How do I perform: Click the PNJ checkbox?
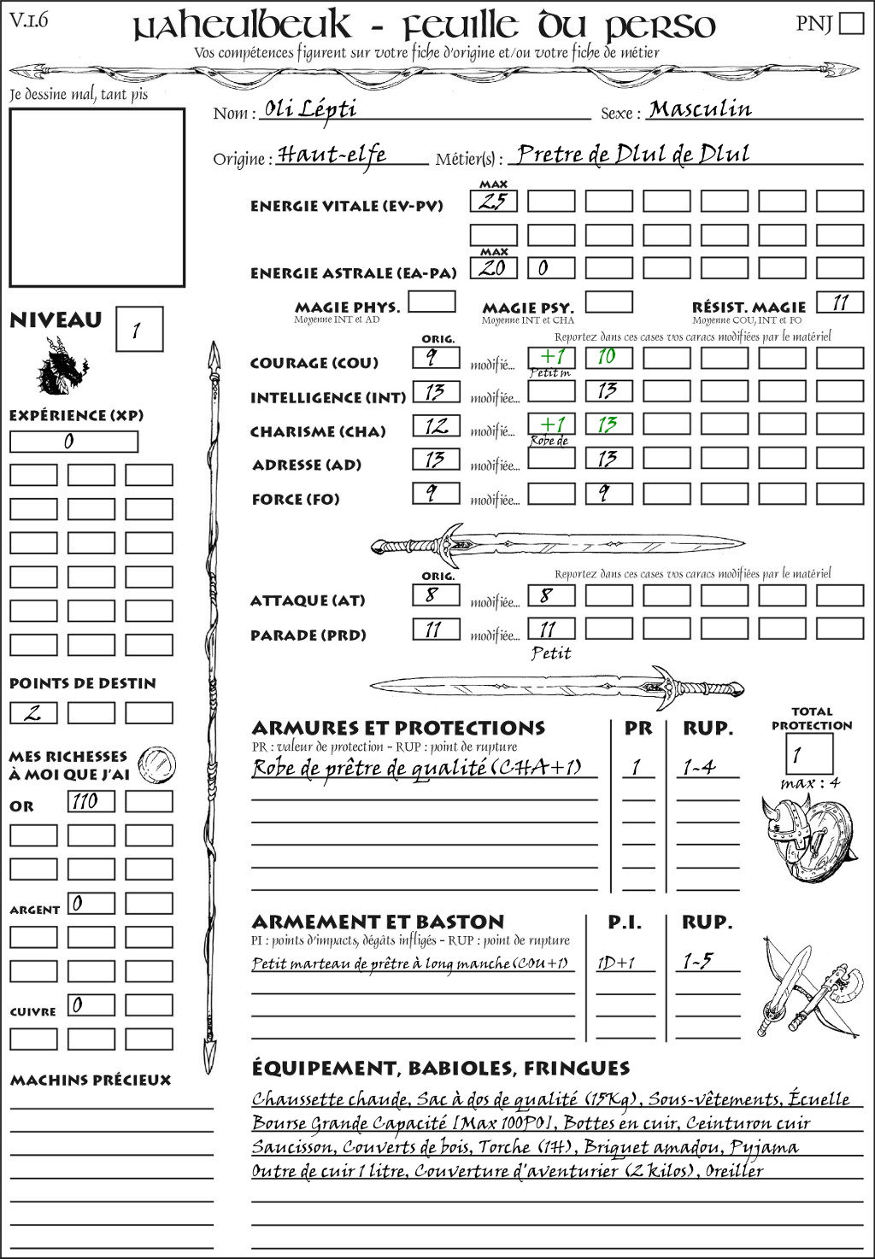point(851,23)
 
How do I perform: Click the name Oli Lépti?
point(310,108)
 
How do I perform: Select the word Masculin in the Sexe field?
point(700,109)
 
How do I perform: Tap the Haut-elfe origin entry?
point(332,155)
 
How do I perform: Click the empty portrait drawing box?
point(97,197)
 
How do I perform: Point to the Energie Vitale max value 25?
point(493,202)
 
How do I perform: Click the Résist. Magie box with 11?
point(840,302)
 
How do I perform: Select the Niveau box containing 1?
point(138,330)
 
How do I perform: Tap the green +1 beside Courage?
point(551,356)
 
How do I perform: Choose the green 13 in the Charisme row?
point(608,425)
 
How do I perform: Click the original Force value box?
point(436,493)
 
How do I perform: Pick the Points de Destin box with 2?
point(33,712)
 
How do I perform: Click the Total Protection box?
point(808,753)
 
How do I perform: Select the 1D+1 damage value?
point(615,963)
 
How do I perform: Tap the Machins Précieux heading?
point(91,1080)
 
